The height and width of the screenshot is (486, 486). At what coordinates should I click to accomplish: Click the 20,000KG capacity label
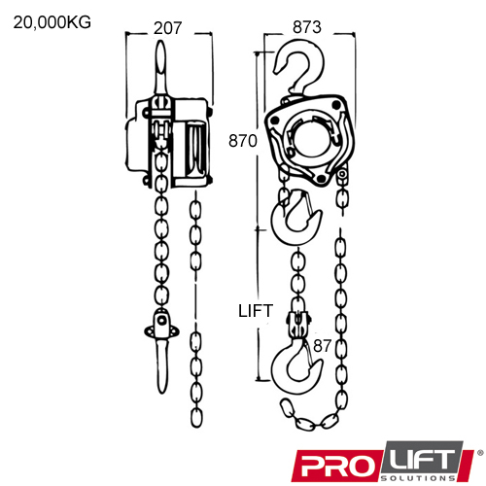(52, 22)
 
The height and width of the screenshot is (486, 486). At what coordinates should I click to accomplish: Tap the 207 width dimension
(168, 28)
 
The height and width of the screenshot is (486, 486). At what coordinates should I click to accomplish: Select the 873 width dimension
(307, 27)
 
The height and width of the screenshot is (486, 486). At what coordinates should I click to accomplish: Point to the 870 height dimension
(243, 141)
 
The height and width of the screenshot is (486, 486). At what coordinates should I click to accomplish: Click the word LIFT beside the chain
(256, 311)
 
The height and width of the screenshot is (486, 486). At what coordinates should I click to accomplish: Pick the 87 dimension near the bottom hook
(322, 346)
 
